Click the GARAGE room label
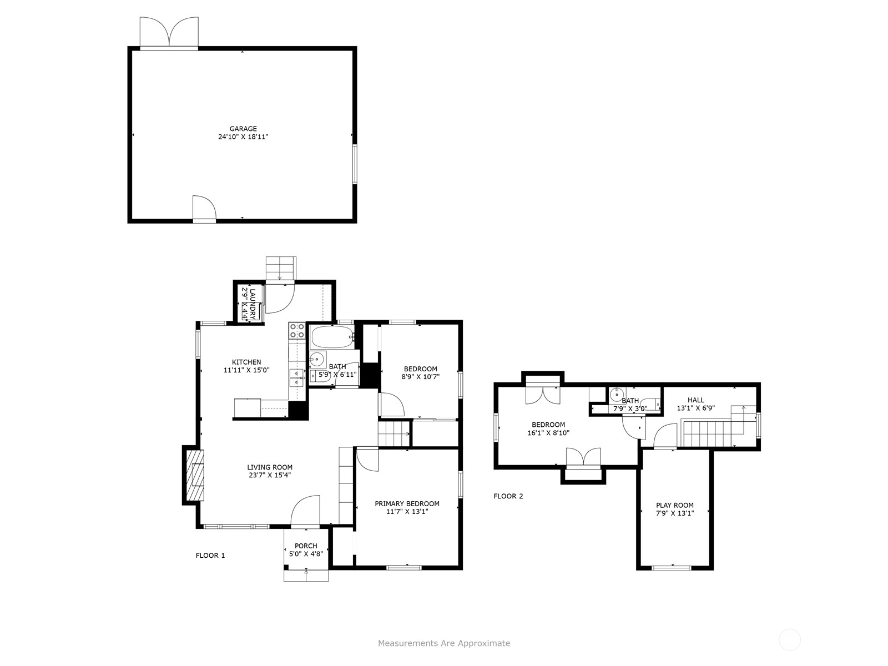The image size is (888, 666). pos(243,129)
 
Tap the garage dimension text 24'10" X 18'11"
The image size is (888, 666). pos(243,137)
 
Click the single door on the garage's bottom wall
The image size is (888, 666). pos(204,209)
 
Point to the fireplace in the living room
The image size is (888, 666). pos(194,476)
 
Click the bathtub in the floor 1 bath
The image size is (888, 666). pos(331,336)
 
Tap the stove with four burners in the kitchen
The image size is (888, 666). pos(297,331)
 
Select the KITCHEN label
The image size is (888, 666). pos(246,362)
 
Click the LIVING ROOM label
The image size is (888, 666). pos(270,467)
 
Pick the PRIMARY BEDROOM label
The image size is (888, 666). pos(407,504)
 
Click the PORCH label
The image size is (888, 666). pos(306,546)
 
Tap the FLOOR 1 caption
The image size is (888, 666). pos(210,556)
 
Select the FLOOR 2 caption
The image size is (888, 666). pos(508,496)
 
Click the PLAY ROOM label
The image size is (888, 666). pos(675,505)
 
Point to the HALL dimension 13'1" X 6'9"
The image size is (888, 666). pos(695,408)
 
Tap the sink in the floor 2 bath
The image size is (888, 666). pos(616,395)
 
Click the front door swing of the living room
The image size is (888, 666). pos(306,511)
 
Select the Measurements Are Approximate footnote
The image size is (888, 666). pos(444,644)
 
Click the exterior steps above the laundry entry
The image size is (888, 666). pos(281,268)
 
